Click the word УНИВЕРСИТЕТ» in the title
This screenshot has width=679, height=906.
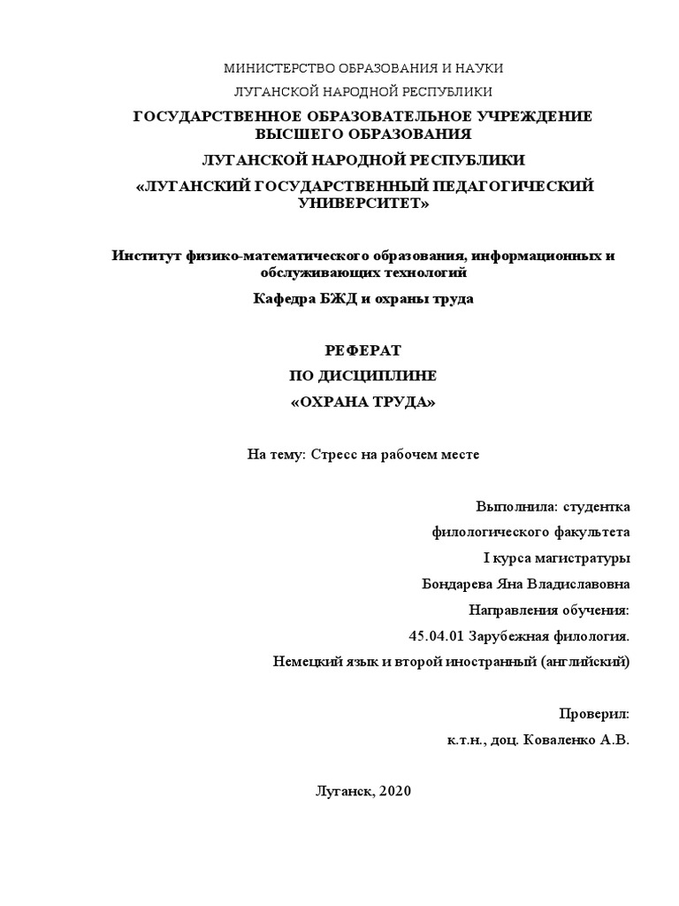point(363,203)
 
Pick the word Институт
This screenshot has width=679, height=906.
point(141,256)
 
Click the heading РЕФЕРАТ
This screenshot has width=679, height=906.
point(363,350)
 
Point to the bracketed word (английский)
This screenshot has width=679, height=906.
point(583,661)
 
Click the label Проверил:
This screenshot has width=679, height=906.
point(594,713)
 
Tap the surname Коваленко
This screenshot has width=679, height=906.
point(563,739)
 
